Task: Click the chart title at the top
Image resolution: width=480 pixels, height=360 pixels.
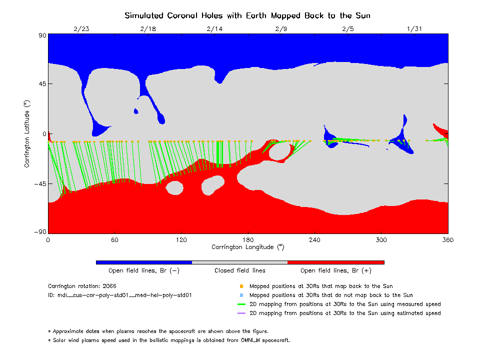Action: (247, 15)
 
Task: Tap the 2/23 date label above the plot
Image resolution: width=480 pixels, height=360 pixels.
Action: (81, 28)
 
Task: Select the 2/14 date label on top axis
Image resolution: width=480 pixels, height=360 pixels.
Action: (214, 28)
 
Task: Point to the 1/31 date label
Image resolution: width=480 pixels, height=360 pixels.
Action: (414, 28)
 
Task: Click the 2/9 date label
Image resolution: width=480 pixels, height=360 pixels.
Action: (281, 28)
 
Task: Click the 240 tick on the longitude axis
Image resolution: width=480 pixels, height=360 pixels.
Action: (314, 239)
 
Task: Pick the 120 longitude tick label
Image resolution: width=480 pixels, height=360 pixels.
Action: (181, 239)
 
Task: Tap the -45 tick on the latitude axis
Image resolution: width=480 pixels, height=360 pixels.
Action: (38, 183)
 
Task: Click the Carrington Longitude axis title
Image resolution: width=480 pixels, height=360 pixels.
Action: (247, 247)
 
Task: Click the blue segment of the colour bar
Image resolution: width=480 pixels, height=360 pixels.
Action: (144, 262)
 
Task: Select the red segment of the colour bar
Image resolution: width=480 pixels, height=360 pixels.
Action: (336, 262)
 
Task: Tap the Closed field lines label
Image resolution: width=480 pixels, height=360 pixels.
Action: (240, 270)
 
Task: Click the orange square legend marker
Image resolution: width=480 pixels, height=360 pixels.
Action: (241, 286)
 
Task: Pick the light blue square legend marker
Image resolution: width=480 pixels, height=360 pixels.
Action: (241, 295)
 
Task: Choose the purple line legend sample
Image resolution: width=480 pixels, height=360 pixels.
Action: (241, 313)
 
